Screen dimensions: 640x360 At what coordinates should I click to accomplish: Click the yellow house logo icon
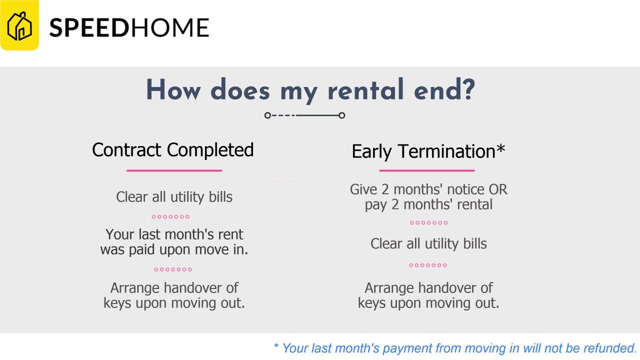[19, 25]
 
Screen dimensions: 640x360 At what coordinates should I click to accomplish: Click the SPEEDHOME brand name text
[129, 27]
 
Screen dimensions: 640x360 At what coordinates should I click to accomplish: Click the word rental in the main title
[366, 89]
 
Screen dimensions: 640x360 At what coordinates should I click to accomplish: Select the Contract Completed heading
[173, 149]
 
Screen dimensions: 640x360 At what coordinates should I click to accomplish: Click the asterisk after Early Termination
[500, 148]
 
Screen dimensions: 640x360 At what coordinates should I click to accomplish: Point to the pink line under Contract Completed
[174, 170]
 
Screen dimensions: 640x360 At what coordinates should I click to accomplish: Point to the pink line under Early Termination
[427, 170]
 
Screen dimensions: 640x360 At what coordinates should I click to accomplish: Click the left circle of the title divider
[267, 115]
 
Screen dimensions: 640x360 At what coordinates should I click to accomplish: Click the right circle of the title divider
[341, 115]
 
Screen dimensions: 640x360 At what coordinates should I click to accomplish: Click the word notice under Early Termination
[465, 189]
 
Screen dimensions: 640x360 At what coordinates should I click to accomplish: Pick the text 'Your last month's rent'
[174, 234]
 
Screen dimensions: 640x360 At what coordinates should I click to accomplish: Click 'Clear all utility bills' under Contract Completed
[174, 197]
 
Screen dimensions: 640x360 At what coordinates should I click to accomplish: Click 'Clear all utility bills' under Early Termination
[428, 243]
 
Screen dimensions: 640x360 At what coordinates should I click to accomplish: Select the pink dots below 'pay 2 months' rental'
[428, 223]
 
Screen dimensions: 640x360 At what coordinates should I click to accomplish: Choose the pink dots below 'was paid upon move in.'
[173, 269]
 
